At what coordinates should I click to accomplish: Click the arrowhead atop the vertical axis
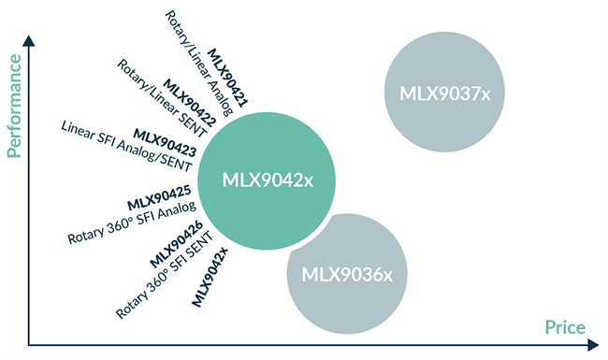click(31, 43)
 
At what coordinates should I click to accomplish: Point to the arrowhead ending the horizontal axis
click(592, 344)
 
